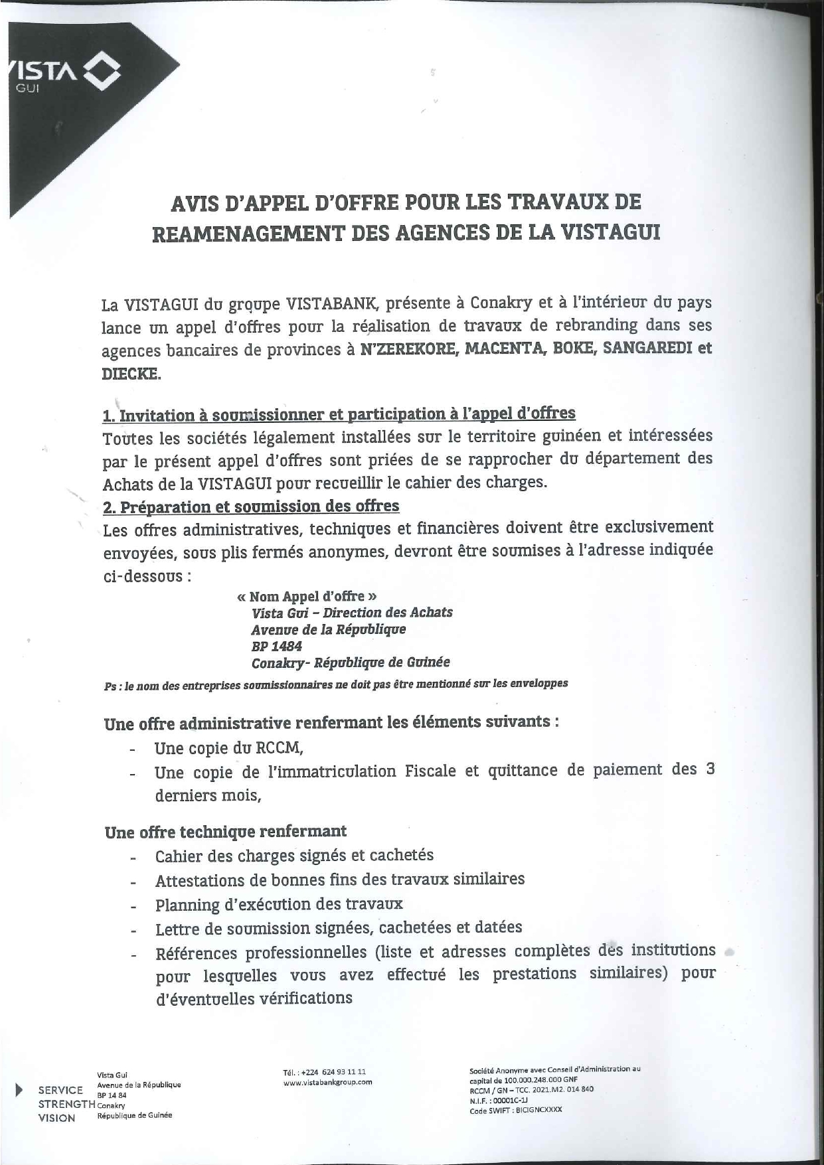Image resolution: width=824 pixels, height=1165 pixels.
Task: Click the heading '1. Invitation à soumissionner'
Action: coord(339,414)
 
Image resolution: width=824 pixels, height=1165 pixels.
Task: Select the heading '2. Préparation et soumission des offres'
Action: coord(251,506)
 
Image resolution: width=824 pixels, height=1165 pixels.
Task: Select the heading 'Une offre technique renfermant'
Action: coord(226,832)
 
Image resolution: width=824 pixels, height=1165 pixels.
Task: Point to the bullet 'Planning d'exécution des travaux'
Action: coord(279,904)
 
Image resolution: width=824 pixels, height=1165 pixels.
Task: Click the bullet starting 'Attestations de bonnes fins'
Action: coord(339,880)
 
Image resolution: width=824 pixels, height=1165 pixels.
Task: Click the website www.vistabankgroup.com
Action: coord(327,1082)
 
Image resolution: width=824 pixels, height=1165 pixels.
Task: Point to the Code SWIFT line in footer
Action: coord(515,1109)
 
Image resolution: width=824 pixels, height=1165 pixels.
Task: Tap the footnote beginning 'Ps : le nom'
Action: coord(335,684)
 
